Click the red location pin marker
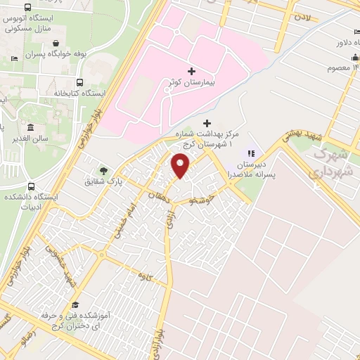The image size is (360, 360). pos(181,165)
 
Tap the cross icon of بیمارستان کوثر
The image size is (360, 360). pos(191,71)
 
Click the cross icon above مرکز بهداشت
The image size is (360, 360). pos(207,123)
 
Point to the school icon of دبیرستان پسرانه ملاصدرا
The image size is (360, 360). pos(250,153)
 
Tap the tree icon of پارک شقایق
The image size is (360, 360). pos(104,170)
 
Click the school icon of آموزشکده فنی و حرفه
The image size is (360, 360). pos(75,304)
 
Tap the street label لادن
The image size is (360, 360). pos(303,15)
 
